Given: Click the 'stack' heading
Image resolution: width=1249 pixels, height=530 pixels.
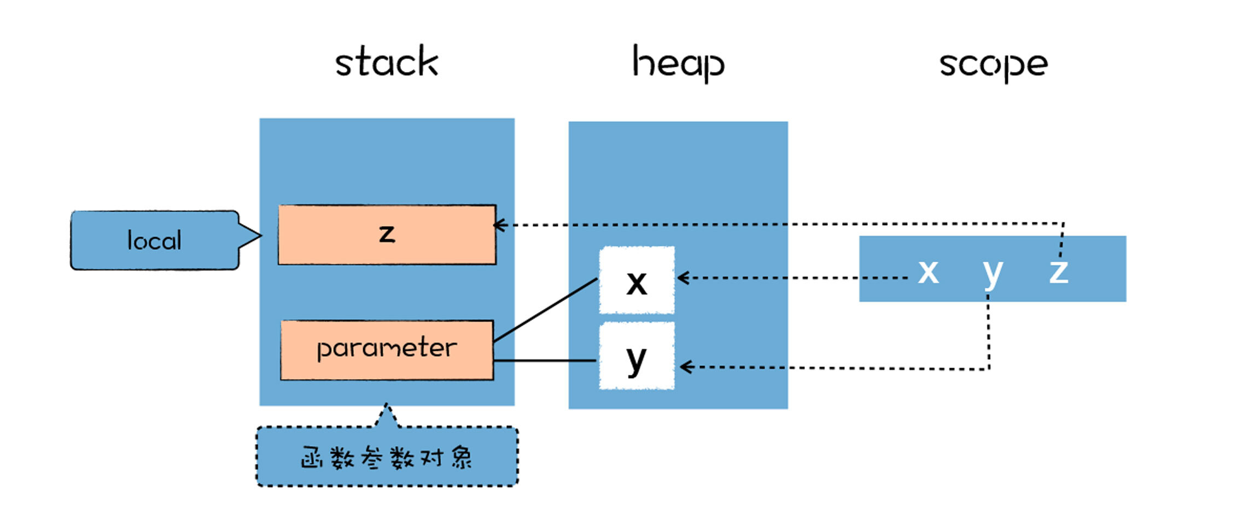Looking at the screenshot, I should pyautogui.click(x=387, y=62).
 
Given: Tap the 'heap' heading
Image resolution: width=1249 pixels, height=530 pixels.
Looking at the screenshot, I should pyautogui.click(x=678, y=63).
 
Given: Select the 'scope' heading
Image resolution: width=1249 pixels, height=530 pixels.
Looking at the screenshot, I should pyautogui.click(x=993, y=64).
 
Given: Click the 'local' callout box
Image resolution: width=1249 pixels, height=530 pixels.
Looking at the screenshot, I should pyautogui.click(x=154, y=240).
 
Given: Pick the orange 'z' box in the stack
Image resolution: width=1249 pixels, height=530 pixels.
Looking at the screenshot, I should pyautogui.click(x=387, y=235).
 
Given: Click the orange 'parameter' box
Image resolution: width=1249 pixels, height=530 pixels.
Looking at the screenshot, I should pyautogui.click(x=387, y=350).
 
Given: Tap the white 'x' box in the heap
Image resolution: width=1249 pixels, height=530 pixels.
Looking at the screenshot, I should pyautogui.click(x=637, y=281).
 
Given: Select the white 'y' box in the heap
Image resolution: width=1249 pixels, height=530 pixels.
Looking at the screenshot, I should pyautogui.click(x=637, y=356).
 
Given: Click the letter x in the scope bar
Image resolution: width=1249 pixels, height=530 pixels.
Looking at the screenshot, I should pyautogui.click(x=928, y=271).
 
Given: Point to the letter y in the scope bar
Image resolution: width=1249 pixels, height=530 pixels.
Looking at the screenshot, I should pyautogui.click(x=993, y=271).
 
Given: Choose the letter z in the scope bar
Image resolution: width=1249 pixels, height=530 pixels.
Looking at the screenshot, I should pyautogui.click(x=1059, y=271).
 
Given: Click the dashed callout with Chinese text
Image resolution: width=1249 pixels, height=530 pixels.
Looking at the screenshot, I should pyautogui.click(x=387, y=457).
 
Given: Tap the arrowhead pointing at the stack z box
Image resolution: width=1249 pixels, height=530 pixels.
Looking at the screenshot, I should pyautogui.click(x=498, y=225).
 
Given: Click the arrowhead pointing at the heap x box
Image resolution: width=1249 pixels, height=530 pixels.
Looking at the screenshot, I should pyautogui.click(x=681, y=278).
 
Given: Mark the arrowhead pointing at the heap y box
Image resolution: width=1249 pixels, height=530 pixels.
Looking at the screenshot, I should pyautogui.click(x=685, y=367).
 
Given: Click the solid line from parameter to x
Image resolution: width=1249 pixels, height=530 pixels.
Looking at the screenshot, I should pyautogui.click(x=545, y=311).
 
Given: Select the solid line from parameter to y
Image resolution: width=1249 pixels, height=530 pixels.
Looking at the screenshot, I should pyautogui.click(x=545, y=361).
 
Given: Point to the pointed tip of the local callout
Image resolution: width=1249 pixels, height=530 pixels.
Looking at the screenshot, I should pyautogui.click(x=259, y=236).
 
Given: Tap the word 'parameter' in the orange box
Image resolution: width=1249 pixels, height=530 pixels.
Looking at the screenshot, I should pyautogui.click(x=387, y=349).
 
